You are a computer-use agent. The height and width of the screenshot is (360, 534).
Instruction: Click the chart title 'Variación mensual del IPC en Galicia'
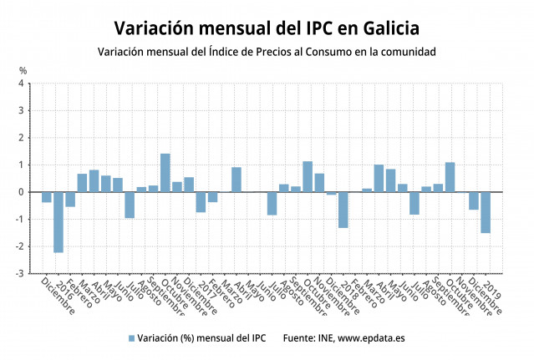pos(267,28)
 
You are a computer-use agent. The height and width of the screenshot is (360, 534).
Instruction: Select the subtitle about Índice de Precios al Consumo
pos(267,52)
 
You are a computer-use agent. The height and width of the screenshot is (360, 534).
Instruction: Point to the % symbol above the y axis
pos(23,70)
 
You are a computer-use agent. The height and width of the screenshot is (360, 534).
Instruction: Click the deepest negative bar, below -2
pos(58,222)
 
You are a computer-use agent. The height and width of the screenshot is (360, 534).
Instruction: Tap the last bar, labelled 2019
pos(486,212)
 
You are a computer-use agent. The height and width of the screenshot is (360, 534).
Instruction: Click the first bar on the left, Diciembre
pos(47,197)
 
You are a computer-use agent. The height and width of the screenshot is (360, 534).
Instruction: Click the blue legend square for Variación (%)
pos(131,338)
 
